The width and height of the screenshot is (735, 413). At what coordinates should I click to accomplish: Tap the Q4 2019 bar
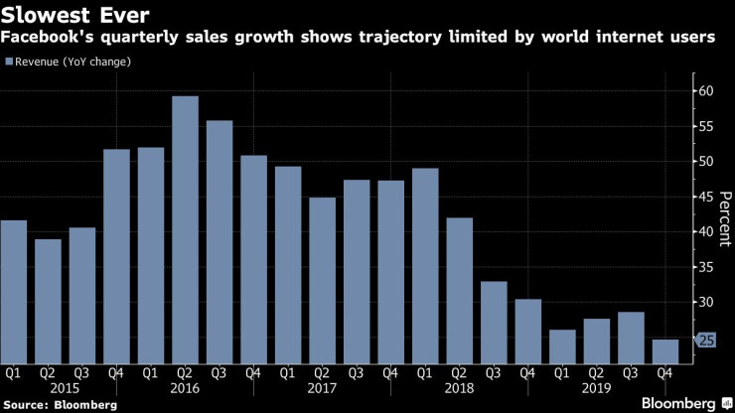click(665, 351)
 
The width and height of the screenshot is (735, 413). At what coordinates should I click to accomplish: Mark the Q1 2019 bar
click(562, 346)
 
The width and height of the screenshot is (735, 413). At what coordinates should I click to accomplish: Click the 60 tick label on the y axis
click(706, 91)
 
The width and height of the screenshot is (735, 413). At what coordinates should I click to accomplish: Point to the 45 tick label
click(706, 197)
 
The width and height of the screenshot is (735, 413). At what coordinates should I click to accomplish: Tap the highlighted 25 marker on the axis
click(704, 341)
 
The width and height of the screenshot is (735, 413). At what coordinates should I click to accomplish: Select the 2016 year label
click(185, 389)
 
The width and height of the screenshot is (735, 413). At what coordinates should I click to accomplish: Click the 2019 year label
click(596, 389)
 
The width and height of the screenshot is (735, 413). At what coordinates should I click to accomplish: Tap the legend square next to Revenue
click(10, 62)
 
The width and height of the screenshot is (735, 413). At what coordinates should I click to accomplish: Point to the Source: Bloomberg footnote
click(60, 405)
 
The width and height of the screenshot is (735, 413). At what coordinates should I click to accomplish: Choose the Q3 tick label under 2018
click(494, 374)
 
